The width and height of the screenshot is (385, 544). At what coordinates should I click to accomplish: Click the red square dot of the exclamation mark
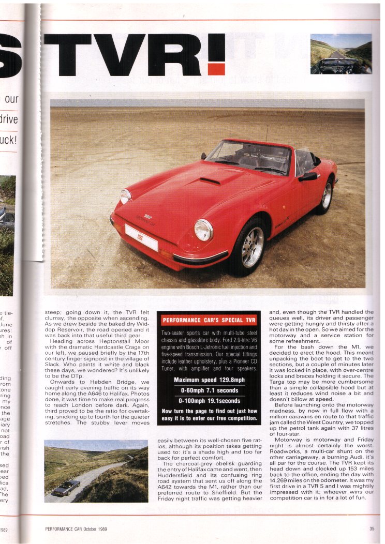217,69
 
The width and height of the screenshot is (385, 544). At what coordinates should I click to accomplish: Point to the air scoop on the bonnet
210,181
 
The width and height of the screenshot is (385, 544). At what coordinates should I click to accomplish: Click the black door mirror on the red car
308,176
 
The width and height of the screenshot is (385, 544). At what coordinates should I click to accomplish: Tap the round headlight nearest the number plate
203,230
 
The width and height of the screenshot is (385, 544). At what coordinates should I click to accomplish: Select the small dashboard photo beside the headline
340,54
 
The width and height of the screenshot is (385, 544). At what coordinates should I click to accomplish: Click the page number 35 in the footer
372,528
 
